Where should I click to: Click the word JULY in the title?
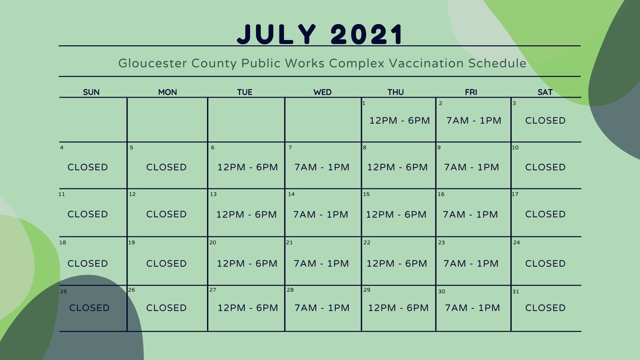click(x=276, y=34)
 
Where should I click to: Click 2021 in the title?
click(x=367, y=34)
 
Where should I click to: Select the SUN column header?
click(x=91, y=92)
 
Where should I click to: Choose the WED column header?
click(x=322, y=92)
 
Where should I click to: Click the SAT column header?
click(x=545, y=92)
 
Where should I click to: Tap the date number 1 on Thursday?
click(x=364, y=103)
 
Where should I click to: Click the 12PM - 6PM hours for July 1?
click(x=399, y=121)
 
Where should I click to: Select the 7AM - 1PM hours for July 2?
click(x=474, y=121)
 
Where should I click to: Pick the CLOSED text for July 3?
click(x=545, y=121)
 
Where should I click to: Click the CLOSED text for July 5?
click(x=166, y=167)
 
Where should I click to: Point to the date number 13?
click(x=213, y=194)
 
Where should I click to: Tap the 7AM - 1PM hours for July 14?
click(x=321, y=215)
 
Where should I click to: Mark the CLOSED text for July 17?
click(x=545, y=214)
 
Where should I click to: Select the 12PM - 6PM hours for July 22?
click(x=397, y=264)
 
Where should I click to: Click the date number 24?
click(x=516, y=243)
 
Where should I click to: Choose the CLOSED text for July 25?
click(x=89, y=308)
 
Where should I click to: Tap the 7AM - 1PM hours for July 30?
click(x=472, y=308)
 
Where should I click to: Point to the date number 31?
click(x=516, y=292)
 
